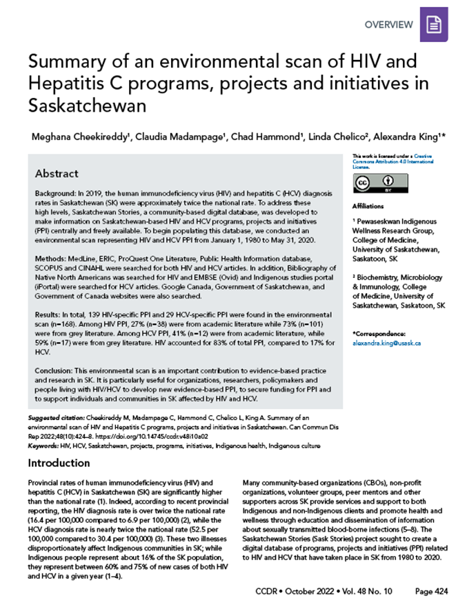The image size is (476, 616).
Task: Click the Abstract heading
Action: click(x=57, y=173)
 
